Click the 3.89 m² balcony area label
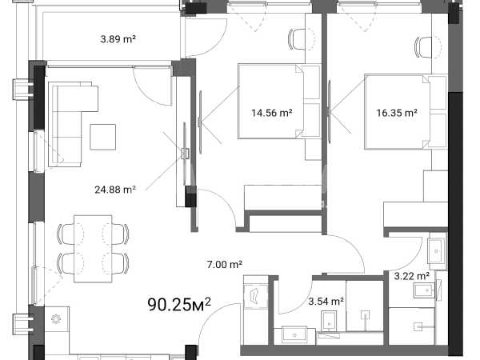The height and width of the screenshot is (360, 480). [x=118, y=39]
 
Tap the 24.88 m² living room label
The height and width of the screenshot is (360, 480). [x=115, y=190]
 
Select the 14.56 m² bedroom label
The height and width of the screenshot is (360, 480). [x=272, y=113]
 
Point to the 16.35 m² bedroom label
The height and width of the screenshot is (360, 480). [x=397, y=113]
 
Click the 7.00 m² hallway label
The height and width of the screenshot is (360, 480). [x=225, y=264]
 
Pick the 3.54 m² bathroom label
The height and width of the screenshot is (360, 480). [x=326, y=302]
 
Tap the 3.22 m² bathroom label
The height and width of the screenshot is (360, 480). [x=411, y=277]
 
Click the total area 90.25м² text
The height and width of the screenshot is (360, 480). [x=179, y=304]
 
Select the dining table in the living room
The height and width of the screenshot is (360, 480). [x=93, y=249]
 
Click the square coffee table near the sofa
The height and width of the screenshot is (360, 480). [x=103, y=137]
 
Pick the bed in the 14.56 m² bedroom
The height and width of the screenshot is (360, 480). [x=271, y=102]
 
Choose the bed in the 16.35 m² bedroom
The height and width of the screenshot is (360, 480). [x=398, y=112]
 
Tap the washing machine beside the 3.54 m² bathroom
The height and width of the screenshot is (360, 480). [x=256, y=294]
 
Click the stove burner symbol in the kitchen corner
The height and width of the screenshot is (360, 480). [x=56, y=319]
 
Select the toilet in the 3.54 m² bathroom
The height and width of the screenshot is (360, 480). [x=329, y=322]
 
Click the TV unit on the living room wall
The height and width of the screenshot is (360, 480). [x=185, y=153]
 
